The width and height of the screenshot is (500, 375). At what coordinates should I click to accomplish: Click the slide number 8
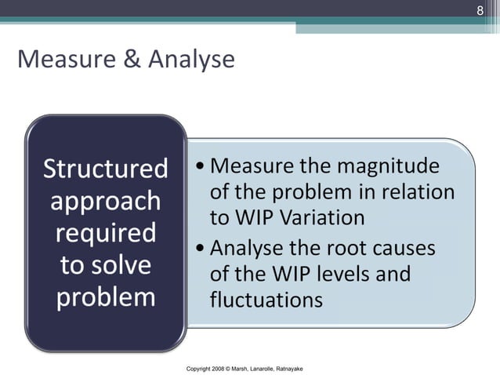(x=480, y=10)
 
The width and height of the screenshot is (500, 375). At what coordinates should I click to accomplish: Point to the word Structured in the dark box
(x=105, y=169)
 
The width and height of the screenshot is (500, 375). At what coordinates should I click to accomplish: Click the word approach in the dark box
(x=105, y=202)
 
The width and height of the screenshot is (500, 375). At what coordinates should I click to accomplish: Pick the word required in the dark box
(x=105, y=234)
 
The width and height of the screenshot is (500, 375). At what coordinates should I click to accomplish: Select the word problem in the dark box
(x=105, y=298)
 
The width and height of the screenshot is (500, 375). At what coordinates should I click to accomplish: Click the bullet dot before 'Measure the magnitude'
(x=202, y=168)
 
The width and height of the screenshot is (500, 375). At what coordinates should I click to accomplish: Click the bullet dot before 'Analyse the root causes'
(x=202, y=249)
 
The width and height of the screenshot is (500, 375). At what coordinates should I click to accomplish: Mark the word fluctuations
(x=266, y=300)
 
